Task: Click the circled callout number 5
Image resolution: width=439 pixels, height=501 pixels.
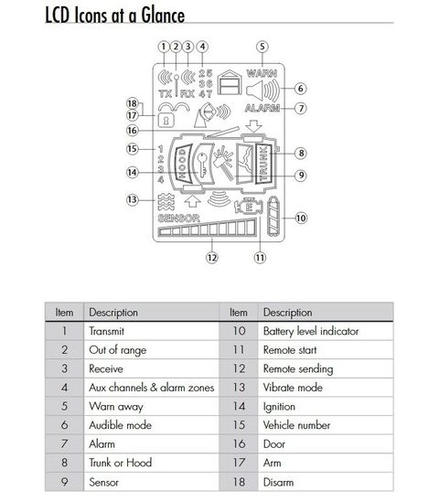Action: pos(262,47)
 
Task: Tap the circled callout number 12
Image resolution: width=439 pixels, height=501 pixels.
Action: pos(212,258)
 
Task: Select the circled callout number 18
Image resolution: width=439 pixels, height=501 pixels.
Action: pos(132,103)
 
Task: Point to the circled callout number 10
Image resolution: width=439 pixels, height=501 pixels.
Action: pos(301,219)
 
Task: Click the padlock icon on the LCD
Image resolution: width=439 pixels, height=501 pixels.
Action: pos(166,120)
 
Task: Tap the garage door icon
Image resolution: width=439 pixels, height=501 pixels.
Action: pos(230,82)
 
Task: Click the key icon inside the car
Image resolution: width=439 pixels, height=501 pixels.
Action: pos(202,165)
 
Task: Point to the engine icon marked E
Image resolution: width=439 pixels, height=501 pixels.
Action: pos(249,207)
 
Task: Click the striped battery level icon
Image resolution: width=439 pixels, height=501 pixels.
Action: pos(273,216)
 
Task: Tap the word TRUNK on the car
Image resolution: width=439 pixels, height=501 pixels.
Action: pos(263,164)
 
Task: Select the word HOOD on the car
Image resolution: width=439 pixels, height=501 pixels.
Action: pos(182,164)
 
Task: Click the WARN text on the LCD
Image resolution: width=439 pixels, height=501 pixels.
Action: pos(262,73)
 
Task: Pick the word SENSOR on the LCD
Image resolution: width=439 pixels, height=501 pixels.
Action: pos(179,219)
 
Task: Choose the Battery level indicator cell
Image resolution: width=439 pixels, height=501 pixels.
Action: pos(326,331)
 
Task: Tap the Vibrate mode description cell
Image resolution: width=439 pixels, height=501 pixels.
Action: pos(326,388)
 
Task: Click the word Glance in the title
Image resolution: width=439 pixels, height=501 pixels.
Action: pos(163,16)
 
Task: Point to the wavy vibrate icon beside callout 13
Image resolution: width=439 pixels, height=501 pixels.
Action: pos(166,202)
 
